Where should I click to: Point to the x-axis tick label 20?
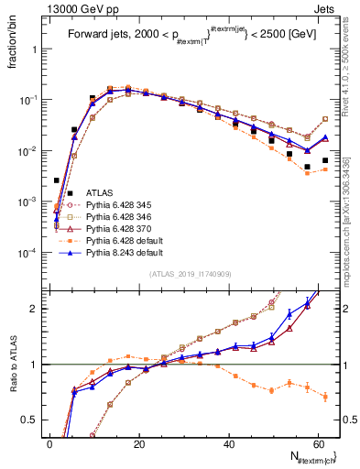coord(138,443)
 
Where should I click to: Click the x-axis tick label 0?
coord(49,443)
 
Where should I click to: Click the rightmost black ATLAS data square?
coord(325,160)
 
